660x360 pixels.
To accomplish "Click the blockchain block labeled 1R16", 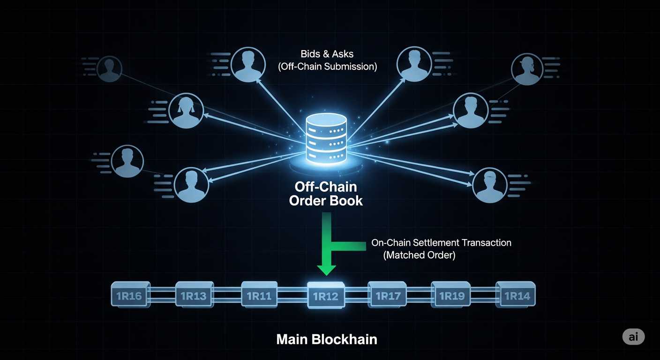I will (x=130, y=296).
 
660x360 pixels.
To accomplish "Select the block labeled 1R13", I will (x=194, y=296).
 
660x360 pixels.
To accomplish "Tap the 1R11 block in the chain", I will (x=259, y=296).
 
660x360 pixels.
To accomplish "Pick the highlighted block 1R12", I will (x=326, y=296).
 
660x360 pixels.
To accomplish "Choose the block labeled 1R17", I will (x=388, y=296).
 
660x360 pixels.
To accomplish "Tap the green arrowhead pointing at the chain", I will (x=326, y=269).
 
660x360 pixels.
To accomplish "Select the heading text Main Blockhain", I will (x=327, y=339).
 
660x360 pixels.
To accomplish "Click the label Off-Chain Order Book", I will (x=326, y=194).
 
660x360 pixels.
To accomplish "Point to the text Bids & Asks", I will (x=327, y=54).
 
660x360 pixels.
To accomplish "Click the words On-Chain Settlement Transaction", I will (x=441, y=243).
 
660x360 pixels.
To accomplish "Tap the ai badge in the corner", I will (x=633, y=336).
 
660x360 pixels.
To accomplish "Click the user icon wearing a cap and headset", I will (x=526, y=69).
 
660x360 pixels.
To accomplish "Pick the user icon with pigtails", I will (x=186, y=111).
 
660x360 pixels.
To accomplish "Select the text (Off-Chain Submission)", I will (x=327, y=67).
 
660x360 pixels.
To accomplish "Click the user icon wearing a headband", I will (x=490, y=185).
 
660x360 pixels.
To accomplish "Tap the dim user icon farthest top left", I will (x=109, y=69).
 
